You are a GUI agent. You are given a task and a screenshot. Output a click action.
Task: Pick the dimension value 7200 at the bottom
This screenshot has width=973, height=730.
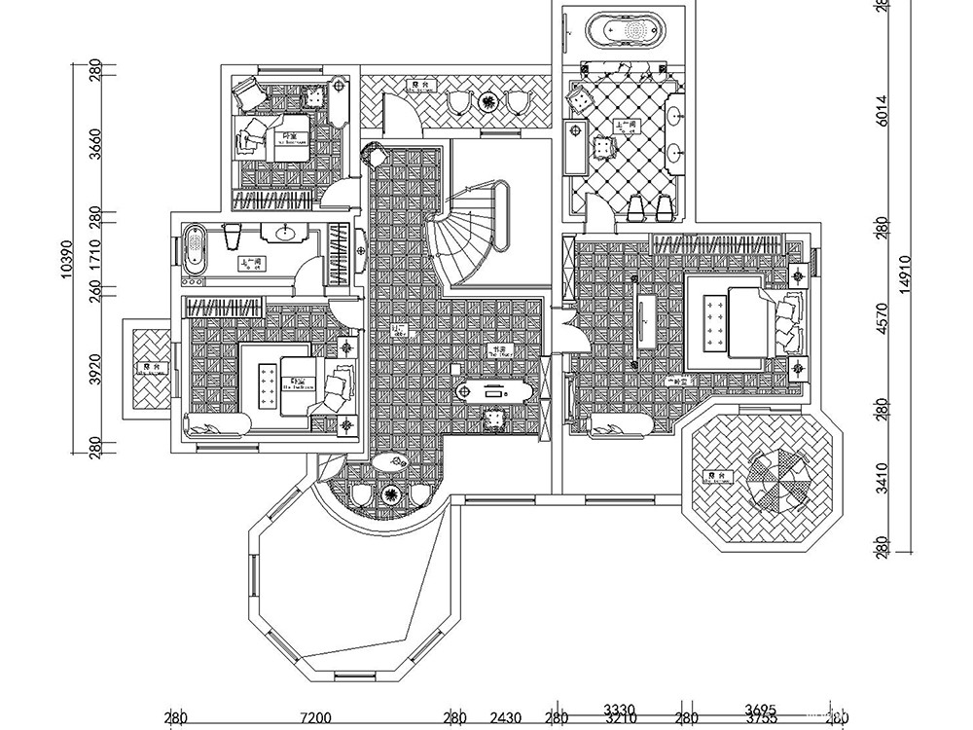tap(314, 719)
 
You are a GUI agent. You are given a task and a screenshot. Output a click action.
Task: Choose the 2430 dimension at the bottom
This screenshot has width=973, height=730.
tap(505, 719)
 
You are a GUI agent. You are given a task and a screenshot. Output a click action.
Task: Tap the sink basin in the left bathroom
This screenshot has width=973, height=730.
tap(286, 233)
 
